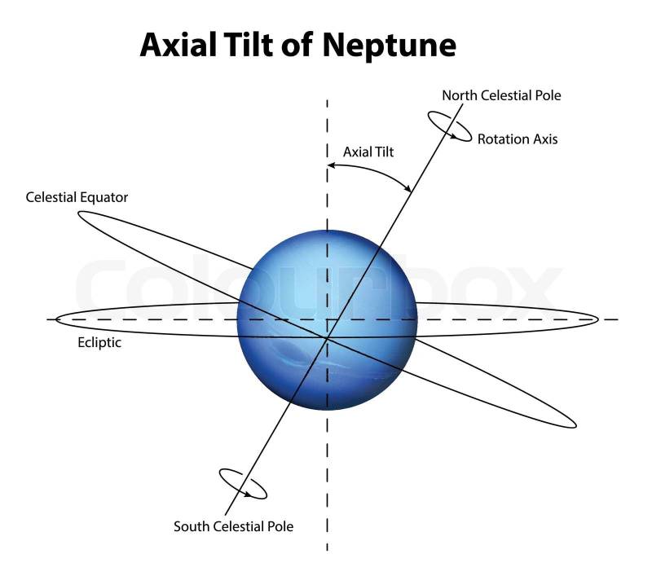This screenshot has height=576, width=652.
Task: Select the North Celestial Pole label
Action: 501,95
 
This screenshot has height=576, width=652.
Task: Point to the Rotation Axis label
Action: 518,139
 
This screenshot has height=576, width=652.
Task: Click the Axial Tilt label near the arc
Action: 368,152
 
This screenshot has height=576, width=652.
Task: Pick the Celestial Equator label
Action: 77,197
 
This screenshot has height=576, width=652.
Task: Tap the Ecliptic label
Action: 95,343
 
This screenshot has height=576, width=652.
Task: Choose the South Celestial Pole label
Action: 233,526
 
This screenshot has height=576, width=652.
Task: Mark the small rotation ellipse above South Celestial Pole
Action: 243,483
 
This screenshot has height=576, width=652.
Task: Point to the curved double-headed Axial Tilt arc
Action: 371,168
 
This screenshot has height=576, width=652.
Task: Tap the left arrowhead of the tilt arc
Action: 330,166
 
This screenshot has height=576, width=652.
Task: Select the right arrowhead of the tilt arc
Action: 407,189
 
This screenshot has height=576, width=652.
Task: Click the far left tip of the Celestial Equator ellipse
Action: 79,214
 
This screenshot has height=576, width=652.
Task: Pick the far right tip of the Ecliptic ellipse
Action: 598,319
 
